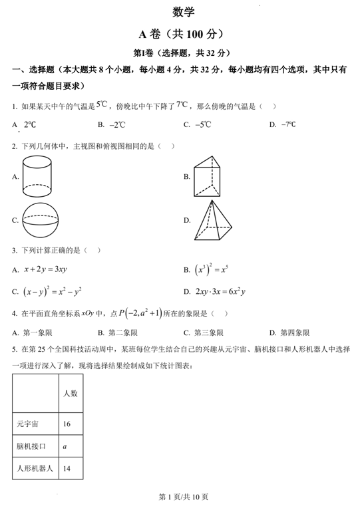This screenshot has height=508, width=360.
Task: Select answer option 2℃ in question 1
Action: [x=30, y=124]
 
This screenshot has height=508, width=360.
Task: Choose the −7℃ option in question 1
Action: [x=288, y=124]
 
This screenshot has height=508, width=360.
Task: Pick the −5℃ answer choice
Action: [x=202, y=124]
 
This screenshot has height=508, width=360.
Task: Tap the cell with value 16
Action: [x=67, y=424]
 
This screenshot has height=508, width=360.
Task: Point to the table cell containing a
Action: [x=65, y=446]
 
